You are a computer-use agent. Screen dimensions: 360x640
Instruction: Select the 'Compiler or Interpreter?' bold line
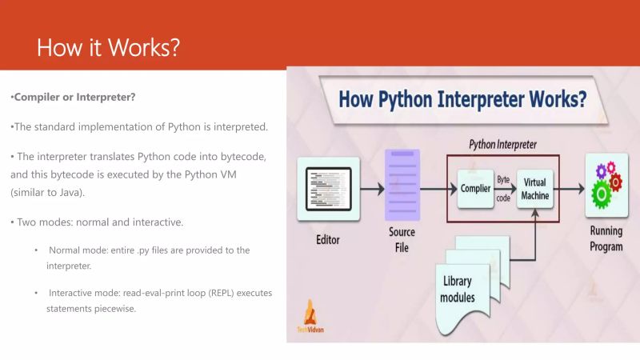tap(73, 98)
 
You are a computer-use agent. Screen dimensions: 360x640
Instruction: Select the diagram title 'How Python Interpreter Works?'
tap(462, 100)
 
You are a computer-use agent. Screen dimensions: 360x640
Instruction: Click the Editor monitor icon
tap(328, 189)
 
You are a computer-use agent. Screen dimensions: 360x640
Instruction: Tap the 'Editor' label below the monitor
tap(328, 239)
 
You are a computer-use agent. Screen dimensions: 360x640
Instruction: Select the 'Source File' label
tap(402, 239)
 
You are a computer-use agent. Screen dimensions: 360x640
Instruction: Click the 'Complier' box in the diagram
tap(475, 190)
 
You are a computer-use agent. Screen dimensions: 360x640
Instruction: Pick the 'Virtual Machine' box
tap(534, 190)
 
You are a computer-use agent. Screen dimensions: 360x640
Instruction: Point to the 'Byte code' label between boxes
tap(504, 190)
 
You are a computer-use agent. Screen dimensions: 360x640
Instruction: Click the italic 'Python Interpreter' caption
tap(502, 145)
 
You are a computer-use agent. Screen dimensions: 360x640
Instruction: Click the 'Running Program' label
tap(606, 239)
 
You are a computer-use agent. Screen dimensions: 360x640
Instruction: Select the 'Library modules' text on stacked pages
tap(458, 289)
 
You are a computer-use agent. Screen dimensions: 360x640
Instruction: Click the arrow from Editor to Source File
tap(371, 190)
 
